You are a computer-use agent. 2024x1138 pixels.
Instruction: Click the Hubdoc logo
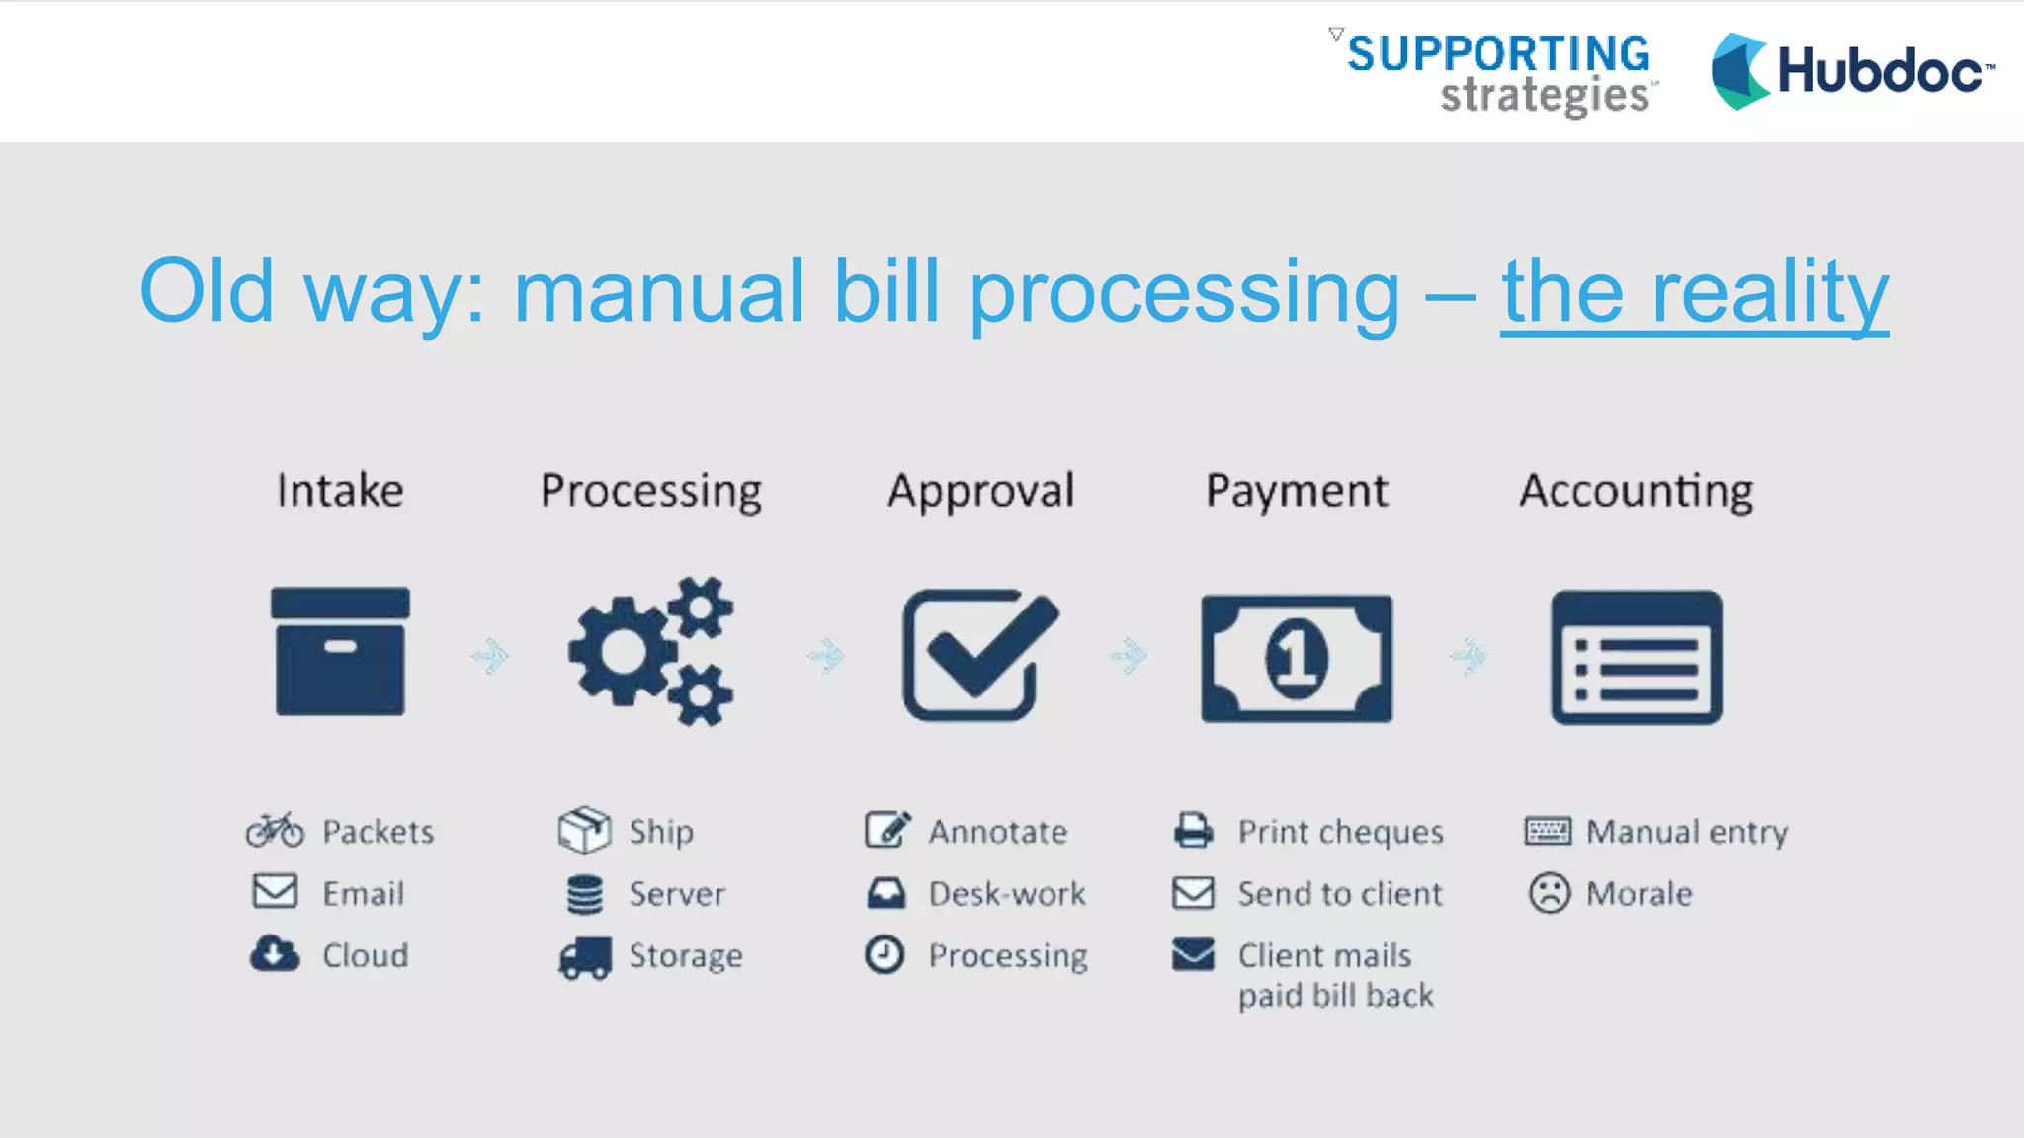[x=1852, y=71]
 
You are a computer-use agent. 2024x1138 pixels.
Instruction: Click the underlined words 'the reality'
[x=1694, y=292]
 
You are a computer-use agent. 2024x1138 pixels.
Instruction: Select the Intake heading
[x=340, y=491]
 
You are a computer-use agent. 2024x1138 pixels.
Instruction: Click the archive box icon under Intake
[x=340, y=652]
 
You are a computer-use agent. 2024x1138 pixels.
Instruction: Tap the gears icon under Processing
[x=651, y=652]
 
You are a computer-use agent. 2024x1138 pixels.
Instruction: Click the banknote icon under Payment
[x=1297, y=658]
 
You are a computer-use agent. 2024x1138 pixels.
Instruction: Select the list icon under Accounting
[x=1637, y=658]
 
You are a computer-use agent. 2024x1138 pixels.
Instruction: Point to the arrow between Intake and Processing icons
[x=490, y=656]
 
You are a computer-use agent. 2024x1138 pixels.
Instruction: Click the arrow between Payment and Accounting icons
[x=1470, y=656]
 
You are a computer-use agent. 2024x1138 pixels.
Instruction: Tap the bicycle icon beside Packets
[x=275, y=831]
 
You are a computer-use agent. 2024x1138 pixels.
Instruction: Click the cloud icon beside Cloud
[x=275, y=954]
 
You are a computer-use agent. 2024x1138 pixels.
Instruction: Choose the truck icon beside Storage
[x=584, y=956]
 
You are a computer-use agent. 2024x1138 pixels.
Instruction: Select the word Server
[x=677, y=894]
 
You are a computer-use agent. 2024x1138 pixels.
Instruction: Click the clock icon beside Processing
[x=885, y=955]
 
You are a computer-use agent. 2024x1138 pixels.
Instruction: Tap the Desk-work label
[x=1007, y=894]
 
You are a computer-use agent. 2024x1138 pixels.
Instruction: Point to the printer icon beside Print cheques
[x=1193, y=831]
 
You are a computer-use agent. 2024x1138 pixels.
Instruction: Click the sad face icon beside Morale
[x=1549, y=893]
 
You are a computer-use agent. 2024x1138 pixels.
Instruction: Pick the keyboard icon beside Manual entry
[x=1548, y=831]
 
